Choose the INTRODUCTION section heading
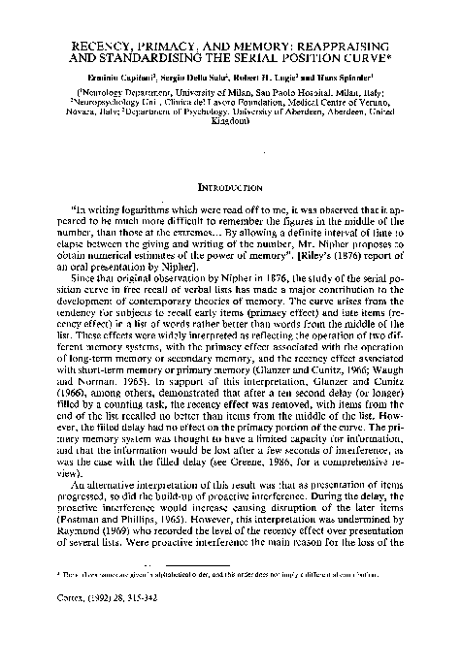(229, 185)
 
